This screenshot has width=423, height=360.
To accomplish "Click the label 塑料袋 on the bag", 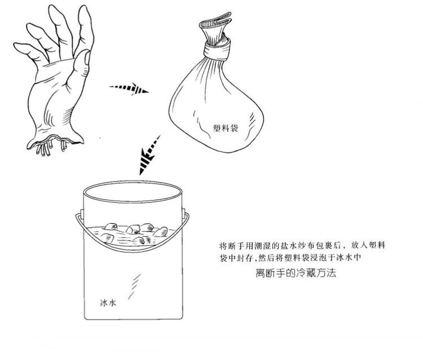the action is pos(226,128).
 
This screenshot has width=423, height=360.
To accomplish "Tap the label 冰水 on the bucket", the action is pos(108,303).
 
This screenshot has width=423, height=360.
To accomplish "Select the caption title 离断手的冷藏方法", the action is pos(296,273).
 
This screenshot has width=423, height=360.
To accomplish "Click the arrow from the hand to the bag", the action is pos(129,88).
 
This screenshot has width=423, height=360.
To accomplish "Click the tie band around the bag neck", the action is pos(217,50).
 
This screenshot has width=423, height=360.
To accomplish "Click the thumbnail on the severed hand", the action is pos(87,58).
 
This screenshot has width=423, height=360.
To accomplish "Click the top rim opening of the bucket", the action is pos(133,192).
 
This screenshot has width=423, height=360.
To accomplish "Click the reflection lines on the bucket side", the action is pos(135,286).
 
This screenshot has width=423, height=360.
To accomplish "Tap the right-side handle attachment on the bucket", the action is pos(183,212).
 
